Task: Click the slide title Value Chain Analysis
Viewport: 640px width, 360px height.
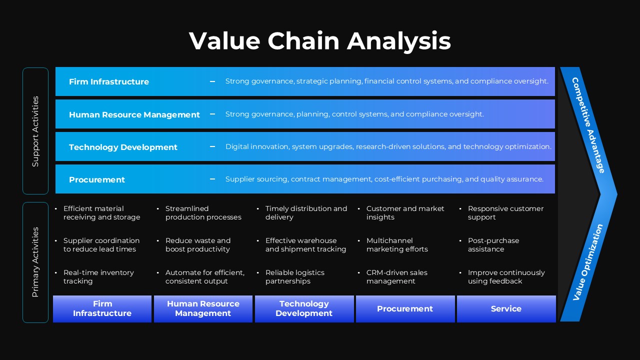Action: coord(320,41)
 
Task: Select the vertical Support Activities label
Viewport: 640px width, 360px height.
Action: coord(35,131)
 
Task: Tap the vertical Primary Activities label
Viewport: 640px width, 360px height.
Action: coord(35,262)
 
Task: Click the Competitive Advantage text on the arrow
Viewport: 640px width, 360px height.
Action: coord(588,125)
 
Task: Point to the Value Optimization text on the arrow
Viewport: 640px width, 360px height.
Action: coord(588,262)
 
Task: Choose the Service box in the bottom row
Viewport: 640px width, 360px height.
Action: coord(506,309)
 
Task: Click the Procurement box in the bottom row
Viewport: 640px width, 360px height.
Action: coord(405,309)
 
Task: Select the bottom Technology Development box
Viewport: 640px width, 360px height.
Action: coord(304,308)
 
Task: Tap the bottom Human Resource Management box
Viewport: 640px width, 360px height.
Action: coord(203,308)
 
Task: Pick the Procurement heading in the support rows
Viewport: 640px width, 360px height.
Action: coord(97,179)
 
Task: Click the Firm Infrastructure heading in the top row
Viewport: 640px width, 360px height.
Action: coord(109,81)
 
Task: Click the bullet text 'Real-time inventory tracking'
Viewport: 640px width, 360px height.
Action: coord(98,277)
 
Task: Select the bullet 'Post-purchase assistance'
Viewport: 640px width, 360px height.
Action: coord(493,245)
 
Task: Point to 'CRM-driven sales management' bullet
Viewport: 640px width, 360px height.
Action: coord(397,277)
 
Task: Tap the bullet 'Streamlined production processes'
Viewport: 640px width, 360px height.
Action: coord(203,213)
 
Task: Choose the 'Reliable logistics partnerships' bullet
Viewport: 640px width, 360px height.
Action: coord(295,277)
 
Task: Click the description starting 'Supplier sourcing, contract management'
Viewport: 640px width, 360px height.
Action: coord(384,179)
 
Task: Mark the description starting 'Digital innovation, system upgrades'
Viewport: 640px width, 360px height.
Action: coord(388,146)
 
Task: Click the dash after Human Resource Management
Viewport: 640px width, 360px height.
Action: coord(212,114)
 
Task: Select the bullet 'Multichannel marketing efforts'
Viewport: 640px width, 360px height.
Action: coord(397,245)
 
